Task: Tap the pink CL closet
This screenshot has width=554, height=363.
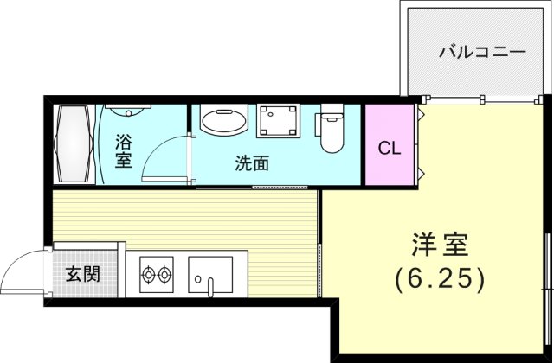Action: coord(390,146)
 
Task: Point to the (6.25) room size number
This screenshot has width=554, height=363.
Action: coord(439,279)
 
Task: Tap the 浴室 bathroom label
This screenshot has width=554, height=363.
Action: coord(123,150)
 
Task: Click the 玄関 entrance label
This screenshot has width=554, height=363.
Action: coord(82,275)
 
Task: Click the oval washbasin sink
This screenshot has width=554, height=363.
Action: coord(223,121)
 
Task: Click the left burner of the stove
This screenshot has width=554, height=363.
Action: coord(146,275)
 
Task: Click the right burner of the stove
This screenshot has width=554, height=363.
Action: coord(164,275)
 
